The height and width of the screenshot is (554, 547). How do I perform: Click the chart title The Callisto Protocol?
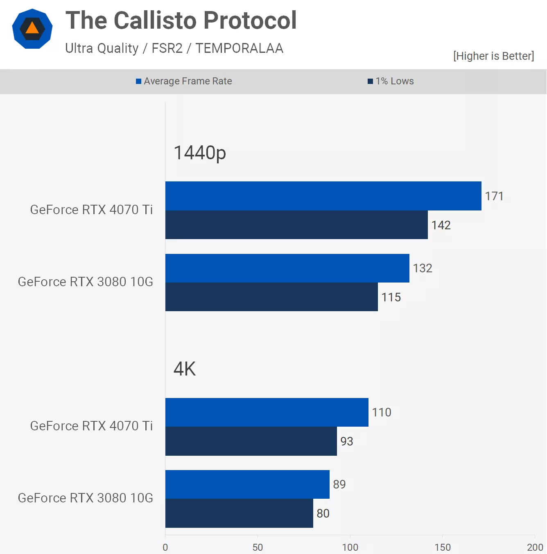tap(181, 20)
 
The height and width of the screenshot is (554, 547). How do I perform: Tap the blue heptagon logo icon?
tap(32, 29)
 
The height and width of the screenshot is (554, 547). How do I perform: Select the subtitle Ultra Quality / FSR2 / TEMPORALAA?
tap(174, 48)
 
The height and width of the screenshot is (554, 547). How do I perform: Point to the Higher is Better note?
tap(493, 56)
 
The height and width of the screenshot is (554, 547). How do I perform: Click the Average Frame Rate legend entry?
tap(184, 81)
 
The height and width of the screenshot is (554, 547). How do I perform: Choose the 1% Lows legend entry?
tap(391, 81)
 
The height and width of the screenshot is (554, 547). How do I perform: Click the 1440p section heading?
tap(200, 153)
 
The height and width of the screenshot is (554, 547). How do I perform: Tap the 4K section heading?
tap(185, 369)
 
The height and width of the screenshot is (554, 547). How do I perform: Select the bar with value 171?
tap(323, 196)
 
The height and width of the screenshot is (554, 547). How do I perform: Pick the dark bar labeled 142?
tap(296, 225)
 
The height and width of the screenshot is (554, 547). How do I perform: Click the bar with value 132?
tap(287, 268)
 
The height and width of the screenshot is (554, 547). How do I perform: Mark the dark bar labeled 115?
tap(271, 297)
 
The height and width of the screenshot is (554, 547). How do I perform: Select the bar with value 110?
tap(267, 412)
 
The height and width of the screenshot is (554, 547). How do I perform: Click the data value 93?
tap(346, 441)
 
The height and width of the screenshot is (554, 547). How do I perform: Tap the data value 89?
tap(339, 484)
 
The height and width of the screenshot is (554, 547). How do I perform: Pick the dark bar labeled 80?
tap(239, 513)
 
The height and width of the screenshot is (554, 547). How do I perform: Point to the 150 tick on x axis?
tap(442, 547)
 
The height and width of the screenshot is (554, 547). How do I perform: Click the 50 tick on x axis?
tap(258, 547)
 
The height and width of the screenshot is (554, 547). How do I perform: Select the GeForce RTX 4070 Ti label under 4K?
tap(91, 426)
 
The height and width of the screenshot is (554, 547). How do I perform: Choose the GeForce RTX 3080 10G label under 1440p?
tap(86, 282)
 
